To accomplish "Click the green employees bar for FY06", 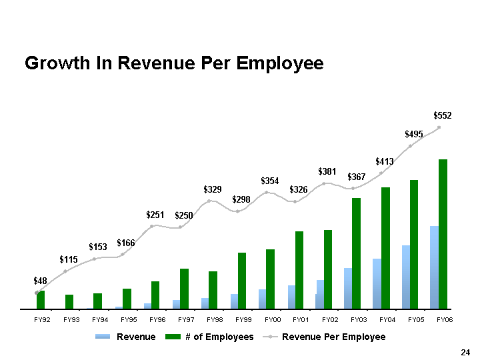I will point(443,234).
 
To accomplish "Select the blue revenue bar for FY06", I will point(434,267).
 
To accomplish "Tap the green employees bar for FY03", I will point(356,253).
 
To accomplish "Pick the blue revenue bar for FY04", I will point(377,283).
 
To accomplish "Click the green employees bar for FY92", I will point(41,300).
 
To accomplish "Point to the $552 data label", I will point(442,116).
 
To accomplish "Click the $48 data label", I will point(41,281).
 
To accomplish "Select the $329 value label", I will point(213,190).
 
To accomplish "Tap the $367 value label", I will point(357,177).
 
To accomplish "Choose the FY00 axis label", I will point(271,321).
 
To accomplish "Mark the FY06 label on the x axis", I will point(444,321).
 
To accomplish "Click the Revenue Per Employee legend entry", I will point(333,337).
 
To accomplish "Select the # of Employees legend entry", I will point(219,337).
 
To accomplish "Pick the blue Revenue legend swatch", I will point(104,337).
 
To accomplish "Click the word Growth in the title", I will point(56,64).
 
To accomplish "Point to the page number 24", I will point(465,352).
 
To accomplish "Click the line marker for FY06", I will point(439,127).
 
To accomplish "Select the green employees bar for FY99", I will point(242,281).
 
